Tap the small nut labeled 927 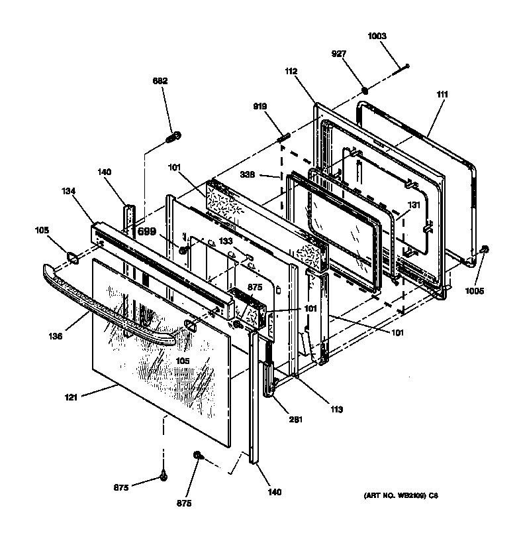[365, 90]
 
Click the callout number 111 [442, 94]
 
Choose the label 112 [291, 71]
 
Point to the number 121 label [71, 398]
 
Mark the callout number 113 [336, 410]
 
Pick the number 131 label [413, 205]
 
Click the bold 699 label [147, 231]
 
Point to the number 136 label [56, 336]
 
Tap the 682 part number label [160, 81]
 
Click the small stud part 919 [284, 138]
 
